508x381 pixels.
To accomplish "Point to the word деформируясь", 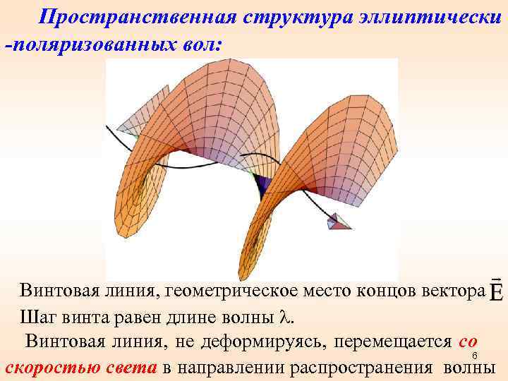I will [263, 341].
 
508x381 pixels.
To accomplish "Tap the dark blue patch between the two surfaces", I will [263, 185].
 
